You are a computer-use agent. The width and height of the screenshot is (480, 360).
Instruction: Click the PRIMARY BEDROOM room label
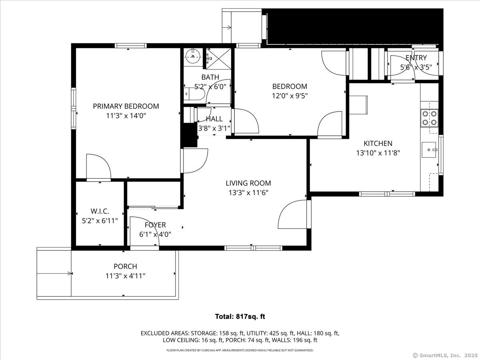click(x=126, y=106)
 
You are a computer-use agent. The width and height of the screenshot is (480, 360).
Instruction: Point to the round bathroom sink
click(x=194, y=56)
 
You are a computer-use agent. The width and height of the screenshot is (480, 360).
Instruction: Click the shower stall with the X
click(x=218, y=58)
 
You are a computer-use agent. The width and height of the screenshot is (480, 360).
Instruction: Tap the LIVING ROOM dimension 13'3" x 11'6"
click(x=248, y=192)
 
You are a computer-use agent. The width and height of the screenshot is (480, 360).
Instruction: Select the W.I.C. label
click(x=100, y=211)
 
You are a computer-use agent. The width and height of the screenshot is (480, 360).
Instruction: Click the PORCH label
click(x=125, y=266)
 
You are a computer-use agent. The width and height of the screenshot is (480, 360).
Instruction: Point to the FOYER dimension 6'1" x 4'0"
click(x=156, y=234)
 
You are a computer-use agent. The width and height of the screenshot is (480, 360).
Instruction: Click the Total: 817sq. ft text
click(x=240, y=316)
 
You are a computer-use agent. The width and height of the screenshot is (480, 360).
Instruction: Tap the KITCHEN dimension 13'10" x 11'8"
click(x=378, y=153)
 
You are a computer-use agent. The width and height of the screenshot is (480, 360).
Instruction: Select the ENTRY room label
click(x=416, y=58)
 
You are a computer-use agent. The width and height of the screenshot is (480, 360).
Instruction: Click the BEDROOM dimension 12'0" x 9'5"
click(x=290, y=96)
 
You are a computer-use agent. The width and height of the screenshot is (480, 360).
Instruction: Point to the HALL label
click(x=214, y=119)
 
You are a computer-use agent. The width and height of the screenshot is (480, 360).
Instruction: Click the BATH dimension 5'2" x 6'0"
click(x=210, y=86)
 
